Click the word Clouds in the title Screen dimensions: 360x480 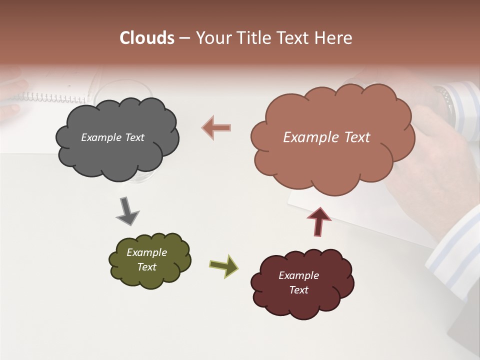[147, 38]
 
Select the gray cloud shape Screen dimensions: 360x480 [117, 155]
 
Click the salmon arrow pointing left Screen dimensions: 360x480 [216, 127]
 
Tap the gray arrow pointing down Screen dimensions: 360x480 [127, 211]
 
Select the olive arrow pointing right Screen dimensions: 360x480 [223, 265]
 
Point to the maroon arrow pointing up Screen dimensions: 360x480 [318, 221]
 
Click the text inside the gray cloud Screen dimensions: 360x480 [112, 137]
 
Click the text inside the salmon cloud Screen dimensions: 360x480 [326, 137]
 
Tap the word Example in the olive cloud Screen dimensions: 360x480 [146, 252]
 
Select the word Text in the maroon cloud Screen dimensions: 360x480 [298, 290]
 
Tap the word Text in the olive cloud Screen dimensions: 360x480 [146, 267]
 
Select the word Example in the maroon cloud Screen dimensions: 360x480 [298, 275]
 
